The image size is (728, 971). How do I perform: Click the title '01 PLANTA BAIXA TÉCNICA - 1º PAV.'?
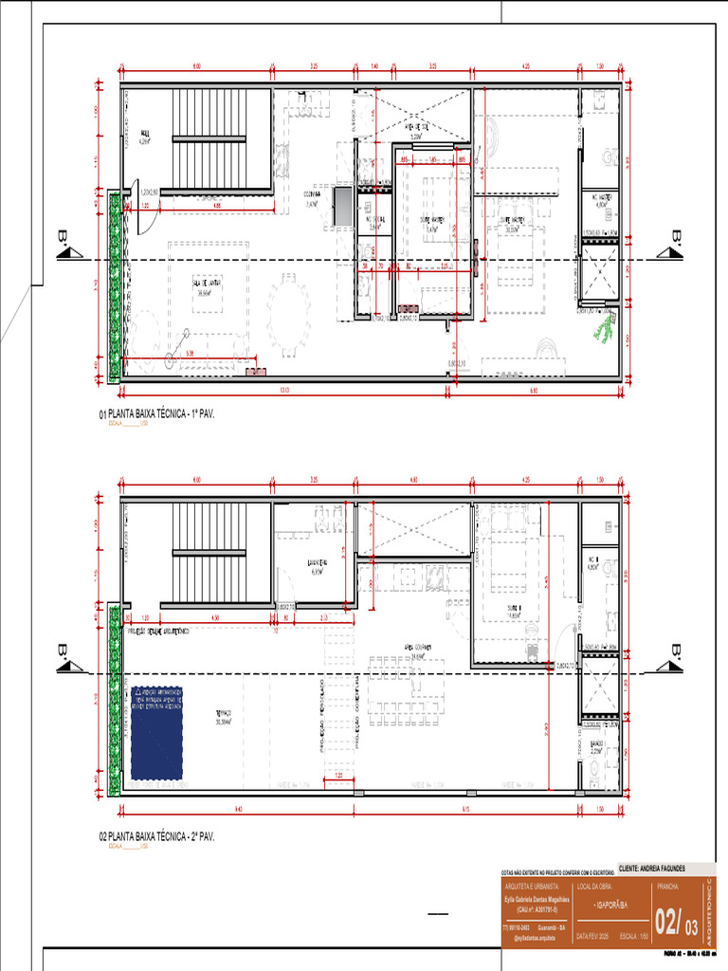(x=157, y=414)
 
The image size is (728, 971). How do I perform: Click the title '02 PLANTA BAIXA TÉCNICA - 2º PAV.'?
(x=157, y=837)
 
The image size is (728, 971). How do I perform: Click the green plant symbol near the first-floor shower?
(x=603, y=327)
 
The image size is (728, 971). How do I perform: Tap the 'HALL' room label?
(x=145, y=134)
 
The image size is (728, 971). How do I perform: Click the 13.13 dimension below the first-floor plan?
(x=282, y=389)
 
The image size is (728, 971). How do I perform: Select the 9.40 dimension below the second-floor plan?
(x=237, y=809)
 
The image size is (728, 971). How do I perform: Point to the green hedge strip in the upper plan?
(x=114, y=284)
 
